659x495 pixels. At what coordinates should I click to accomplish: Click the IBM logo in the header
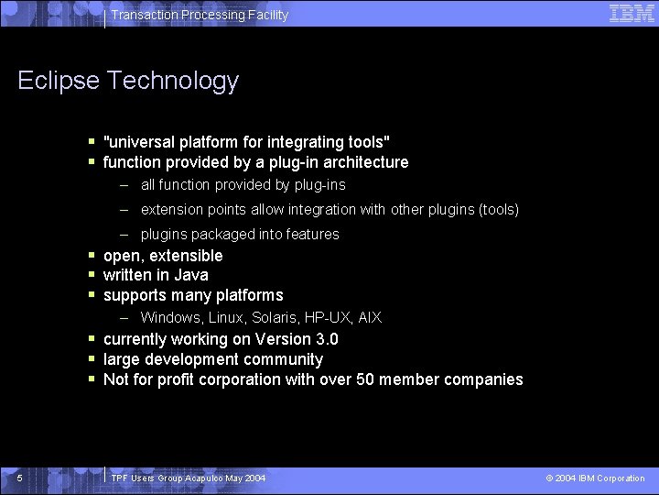(x=632, y=13)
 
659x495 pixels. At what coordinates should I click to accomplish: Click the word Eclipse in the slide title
(x=59, y=82)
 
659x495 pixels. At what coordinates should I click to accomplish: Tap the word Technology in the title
(x=172, y=82)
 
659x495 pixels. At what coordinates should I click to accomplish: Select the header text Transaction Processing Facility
(x=200, y=15)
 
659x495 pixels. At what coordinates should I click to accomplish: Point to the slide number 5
(x=19, y=478)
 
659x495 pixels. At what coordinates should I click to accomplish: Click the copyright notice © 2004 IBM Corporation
(x=595, y=478)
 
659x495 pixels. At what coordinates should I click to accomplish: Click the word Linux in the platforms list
(x=225, y=317)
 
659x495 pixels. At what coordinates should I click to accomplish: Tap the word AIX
(x=370, y=317)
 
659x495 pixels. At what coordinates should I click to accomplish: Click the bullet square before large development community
(x=92, y=359)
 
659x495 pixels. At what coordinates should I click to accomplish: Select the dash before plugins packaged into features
(x=124, y=235)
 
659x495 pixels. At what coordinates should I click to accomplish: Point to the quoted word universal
(x=142, y=142)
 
